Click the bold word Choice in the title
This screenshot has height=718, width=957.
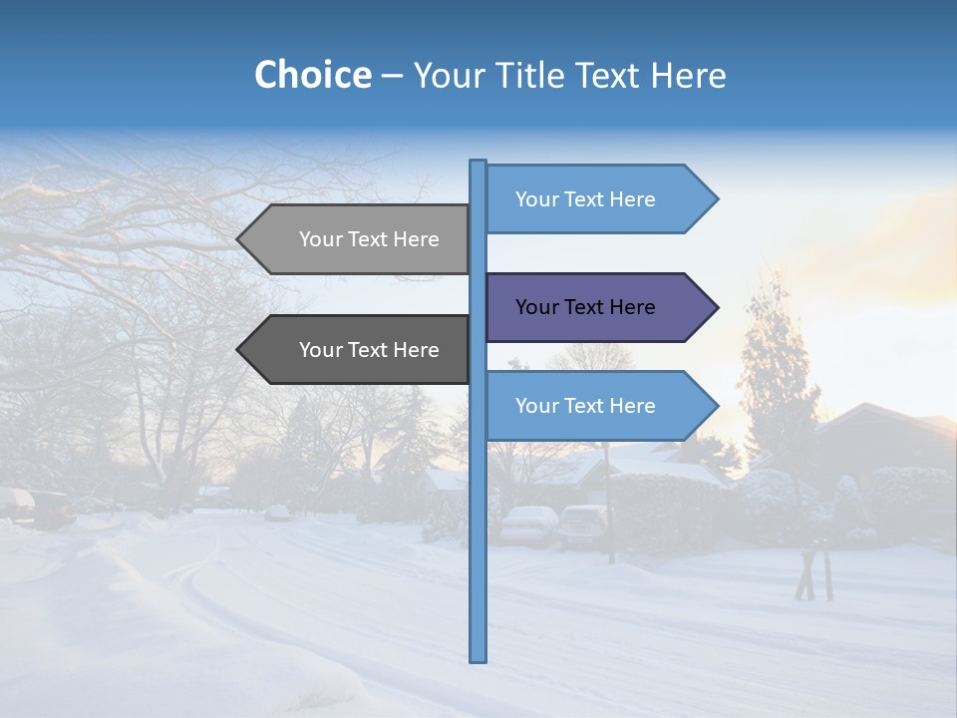click(312, 75)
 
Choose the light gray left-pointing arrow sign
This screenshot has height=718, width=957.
click(359, 239)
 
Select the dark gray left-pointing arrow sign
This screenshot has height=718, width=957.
click(359, 350)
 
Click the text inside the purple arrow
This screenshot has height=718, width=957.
click(585, 307)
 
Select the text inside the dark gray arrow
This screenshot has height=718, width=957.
click(369, 350)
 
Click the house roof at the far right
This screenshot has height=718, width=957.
click(887, 419)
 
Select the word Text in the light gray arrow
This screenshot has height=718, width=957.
click(369, 239)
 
